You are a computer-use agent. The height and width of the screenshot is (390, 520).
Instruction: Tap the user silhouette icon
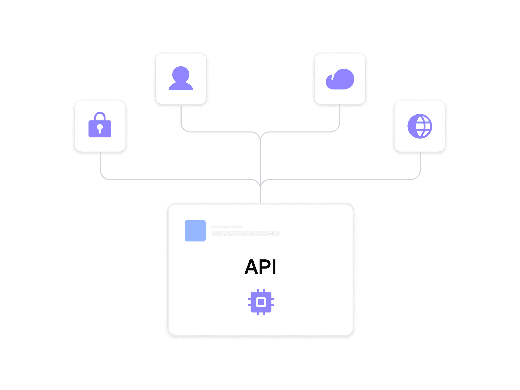pos(181,79)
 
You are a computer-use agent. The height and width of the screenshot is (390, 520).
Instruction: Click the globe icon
pos(420,126)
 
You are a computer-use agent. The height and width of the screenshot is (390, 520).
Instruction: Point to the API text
pos(261,267)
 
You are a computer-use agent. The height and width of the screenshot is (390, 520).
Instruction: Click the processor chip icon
pos(261,302)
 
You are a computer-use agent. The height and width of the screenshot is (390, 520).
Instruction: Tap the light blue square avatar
pos(195,231)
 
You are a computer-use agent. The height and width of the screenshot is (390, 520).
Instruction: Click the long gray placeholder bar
pos(246,233)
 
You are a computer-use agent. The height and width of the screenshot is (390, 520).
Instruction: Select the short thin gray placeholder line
pos(227,227)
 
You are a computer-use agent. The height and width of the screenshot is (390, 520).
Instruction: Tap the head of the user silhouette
pos(181,74)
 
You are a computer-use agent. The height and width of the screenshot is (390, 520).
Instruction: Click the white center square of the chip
pos(261,302)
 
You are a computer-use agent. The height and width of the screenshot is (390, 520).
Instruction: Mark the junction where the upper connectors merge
pos(260,138)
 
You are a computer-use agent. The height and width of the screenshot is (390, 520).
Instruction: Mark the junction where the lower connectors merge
pos(260,186)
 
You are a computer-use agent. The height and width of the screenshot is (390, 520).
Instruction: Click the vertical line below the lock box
pos(101,162)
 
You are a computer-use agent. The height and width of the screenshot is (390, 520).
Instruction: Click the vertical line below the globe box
pos(420,162)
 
